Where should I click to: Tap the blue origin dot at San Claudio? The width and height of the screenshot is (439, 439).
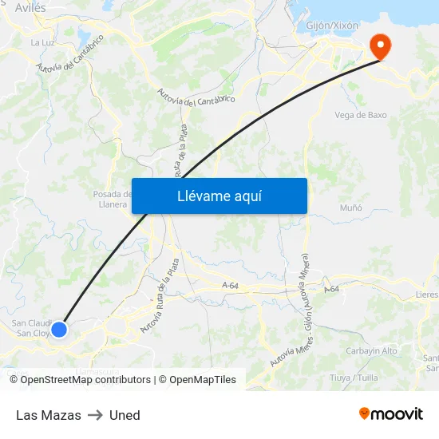[x=59, y=329]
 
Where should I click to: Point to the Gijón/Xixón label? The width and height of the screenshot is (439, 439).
[x=332, y=26]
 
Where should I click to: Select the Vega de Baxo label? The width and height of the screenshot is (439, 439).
[x=361, y=115]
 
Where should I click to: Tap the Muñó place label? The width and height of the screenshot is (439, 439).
[x=350, y=208]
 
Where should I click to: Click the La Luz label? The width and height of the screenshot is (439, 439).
[x=41, y=42]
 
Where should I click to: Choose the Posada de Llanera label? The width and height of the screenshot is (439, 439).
[x=111, y=199]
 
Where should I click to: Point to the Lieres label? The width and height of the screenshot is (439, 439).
[x=426, y=295]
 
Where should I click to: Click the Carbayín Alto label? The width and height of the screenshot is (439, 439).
[x=371, y=351]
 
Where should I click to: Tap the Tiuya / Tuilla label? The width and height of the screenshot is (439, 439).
[x=354, y=377]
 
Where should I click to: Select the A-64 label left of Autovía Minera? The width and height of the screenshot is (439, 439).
[x=231, y=286]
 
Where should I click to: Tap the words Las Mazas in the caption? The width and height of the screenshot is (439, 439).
[x=49, y=415]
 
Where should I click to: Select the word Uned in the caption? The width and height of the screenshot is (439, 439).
[x=125, y=415]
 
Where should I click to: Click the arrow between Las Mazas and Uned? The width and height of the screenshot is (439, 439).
[x=95, y=415]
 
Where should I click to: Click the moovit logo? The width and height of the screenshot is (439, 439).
[x=391, y=413]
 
